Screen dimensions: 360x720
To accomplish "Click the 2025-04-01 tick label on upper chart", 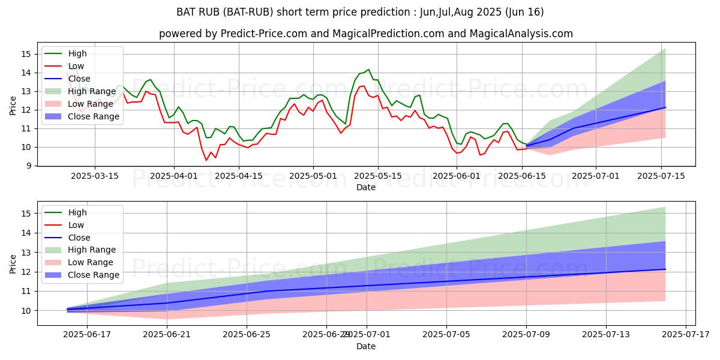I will [174, 176].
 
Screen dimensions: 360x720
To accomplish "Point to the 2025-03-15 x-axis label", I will [94, 176].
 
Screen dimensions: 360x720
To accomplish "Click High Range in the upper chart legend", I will [91, 91].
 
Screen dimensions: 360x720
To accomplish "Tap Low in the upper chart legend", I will [76, 66].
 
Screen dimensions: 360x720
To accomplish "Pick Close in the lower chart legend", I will [79, 238].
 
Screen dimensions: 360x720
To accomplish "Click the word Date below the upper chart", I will [366, 187].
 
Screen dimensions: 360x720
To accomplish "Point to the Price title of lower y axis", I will [13, 263].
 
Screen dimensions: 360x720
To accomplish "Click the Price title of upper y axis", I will [13, 105].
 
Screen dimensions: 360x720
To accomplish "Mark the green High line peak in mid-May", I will [368, 70].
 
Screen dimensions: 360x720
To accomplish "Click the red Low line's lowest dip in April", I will [206, 160].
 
